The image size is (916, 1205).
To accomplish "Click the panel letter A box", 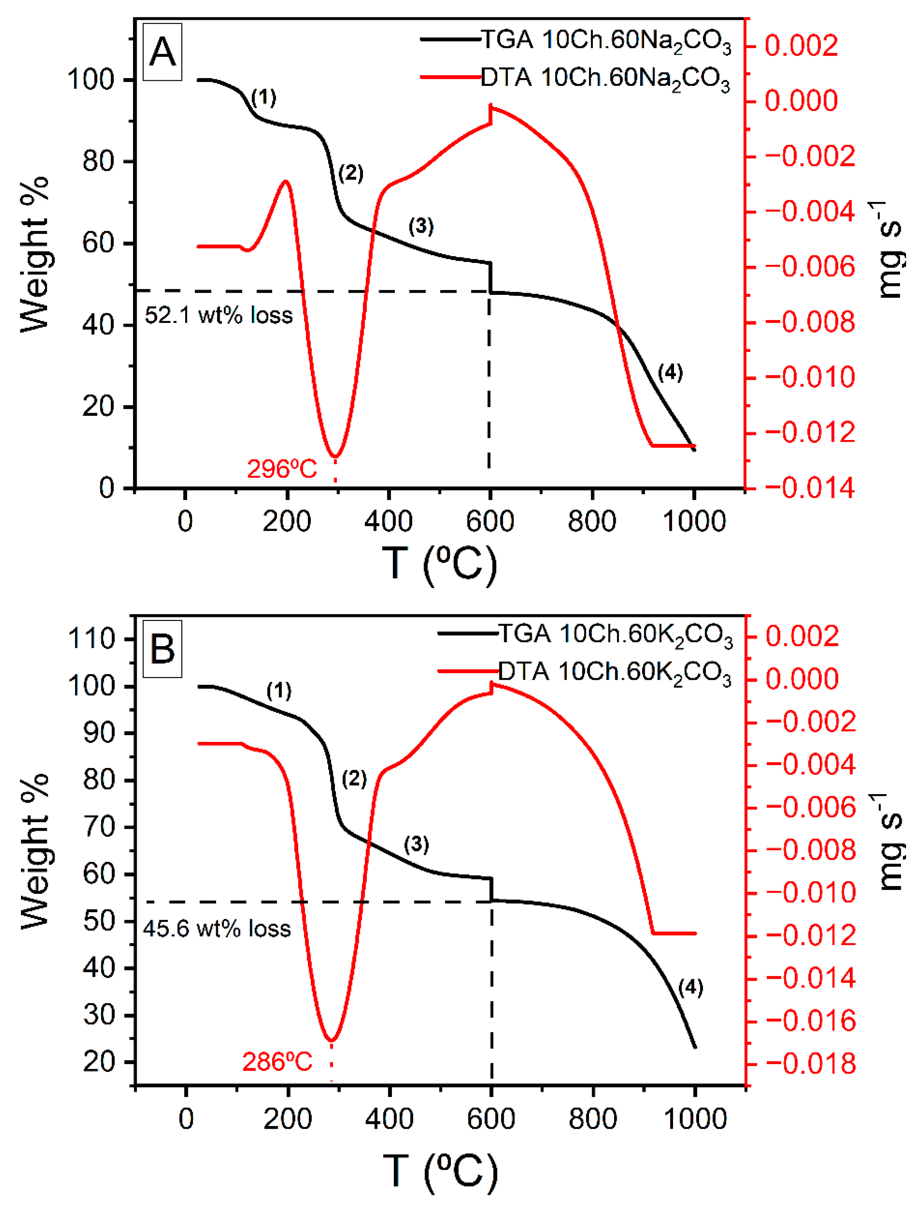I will (162, 53).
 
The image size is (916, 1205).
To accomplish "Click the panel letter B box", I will (162, 649).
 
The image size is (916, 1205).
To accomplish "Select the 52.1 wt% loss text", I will (218, 315).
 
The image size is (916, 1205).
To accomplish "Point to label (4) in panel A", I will (670, 373).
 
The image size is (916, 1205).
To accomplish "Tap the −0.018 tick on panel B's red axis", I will (811, 1063).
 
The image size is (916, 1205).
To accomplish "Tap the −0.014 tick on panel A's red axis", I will (810, 488).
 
